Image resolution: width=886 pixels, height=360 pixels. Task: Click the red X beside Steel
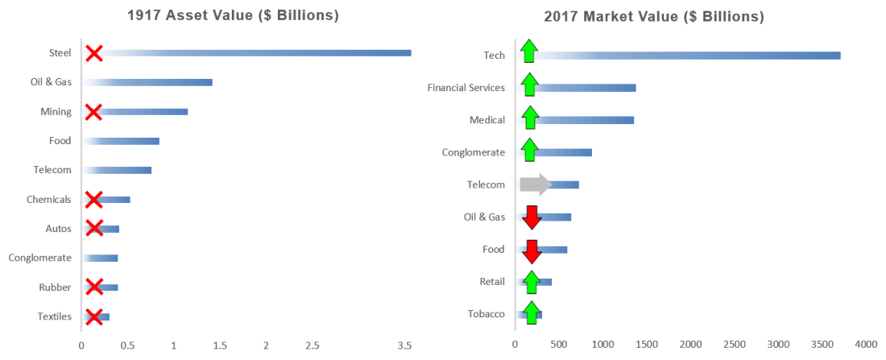(93, 53)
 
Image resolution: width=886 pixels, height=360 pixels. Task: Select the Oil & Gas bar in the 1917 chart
(148, 82)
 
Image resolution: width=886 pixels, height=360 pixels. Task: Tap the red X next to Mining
(93, 112)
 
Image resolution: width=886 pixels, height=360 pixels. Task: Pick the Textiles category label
(55, 317)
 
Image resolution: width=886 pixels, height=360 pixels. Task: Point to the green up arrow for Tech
(528, 51)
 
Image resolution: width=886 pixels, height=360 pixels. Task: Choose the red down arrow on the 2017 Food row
(532, 250)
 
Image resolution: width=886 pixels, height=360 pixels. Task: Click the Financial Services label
(466, 87)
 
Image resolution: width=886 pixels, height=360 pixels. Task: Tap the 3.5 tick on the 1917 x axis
(405, 346)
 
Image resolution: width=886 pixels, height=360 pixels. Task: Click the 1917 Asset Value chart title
(233, 16)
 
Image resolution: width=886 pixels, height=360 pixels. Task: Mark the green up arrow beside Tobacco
(532, 313)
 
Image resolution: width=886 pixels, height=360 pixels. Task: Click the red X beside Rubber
(93, 288)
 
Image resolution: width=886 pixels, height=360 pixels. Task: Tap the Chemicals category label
(48, 199)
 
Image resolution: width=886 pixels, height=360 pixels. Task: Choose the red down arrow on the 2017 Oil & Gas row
(532, 217)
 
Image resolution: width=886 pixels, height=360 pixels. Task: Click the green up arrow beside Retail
(531, 282)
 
